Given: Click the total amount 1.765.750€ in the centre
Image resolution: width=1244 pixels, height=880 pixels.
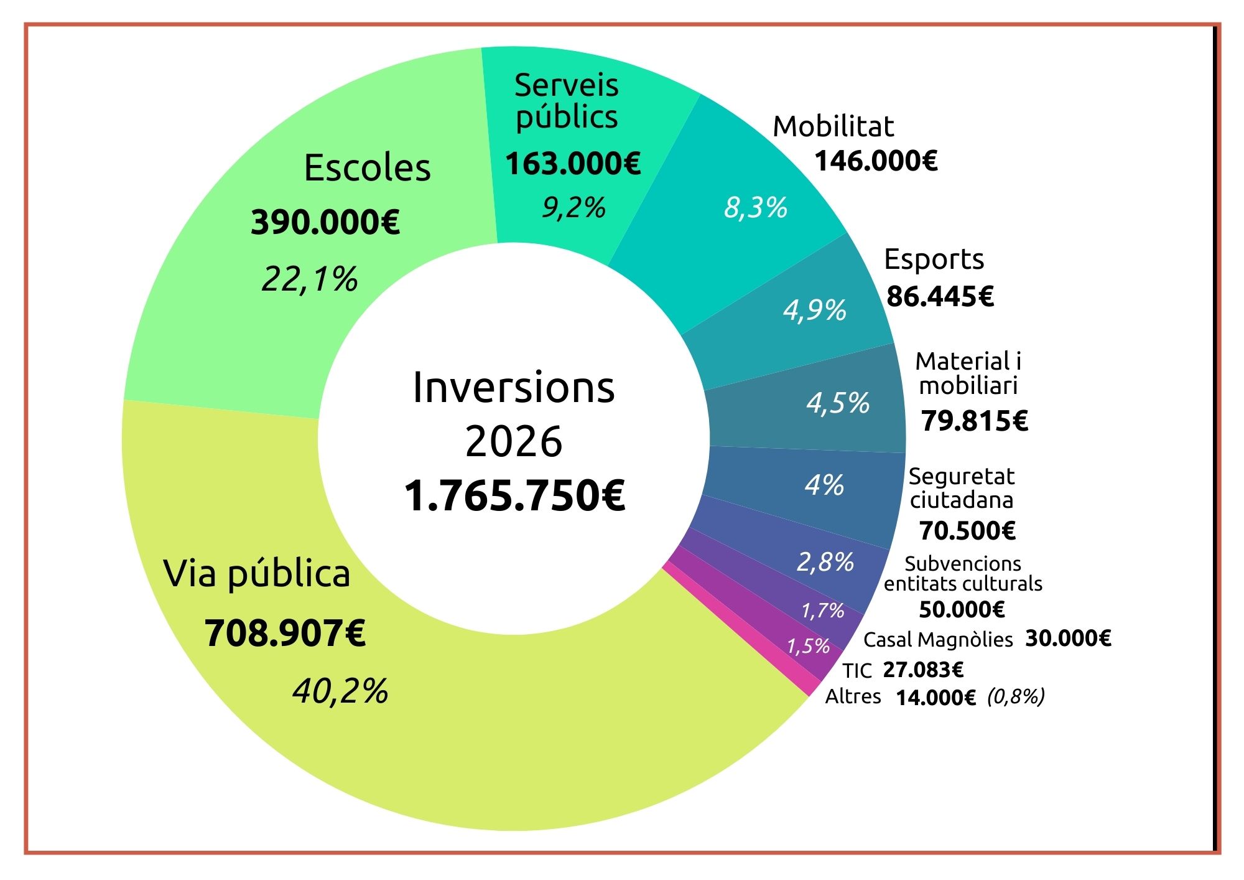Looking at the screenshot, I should click(x=514, y=497).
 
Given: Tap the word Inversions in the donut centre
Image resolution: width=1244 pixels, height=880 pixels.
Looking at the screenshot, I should click(x=514, y=388).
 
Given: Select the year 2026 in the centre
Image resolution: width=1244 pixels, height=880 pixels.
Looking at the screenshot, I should click(x=514, y=442).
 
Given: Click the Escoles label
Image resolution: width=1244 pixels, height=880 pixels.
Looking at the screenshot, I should click(x=367, y=168).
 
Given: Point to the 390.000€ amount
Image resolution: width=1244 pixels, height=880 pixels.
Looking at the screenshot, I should click(x=325, y=222).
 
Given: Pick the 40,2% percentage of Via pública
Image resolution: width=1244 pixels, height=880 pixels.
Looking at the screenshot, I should click(x=341, y=691).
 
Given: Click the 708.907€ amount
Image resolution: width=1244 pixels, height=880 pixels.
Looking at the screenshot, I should click(x=285, y=634).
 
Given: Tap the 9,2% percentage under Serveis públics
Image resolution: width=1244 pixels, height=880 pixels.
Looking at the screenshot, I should click(x=573, y=207).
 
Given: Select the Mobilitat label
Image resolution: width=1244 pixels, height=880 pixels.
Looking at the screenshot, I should click(x=833, y=127).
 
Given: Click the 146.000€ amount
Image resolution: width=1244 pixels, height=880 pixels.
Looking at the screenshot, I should click(x=876, y=161).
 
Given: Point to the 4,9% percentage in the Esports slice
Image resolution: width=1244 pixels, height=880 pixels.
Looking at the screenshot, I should click(x=815, y=310).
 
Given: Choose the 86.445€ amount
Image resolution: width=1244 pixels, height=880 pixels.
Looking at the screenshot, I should click(x=940, y=296).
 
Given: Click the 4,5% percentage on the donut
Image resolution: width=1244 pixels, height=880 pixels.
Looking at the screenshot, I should click(x=838, y=403).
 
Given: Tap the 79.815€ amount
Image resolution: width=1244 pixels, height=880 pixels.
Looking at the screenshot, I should click(x=975, y=421).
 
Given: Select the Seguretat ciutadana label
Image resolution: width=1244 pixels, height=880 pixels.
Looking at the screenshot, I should click(x=962, y=488).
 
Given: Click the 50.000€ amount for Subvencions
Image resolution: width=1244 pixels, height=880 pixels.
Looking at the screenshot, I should click(x=962, y=609).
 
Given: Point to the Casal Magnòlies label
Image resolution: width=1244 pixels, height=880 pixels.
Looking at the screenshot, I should click(x=938, y=640).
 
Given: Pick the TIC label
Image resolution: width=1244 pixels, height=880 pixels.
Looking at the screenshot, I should click(x=857, y=671).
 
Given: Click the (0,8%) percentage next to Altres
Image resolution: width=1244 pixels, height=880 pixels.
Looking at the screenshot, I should click(x=1016, y=696).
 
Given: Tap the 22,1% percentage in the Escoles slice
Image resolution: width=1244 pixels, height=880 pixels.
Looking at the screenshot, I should click(x=310, y=279).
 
